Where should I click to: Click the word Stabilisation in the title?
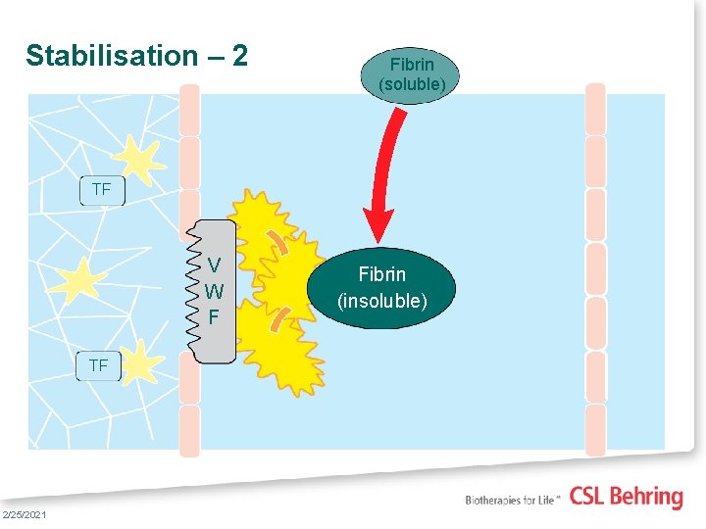coord(111,56)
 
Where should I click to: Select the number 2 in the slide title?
coord(239,56)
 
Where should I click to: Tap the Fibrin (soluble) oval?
coord(412,74)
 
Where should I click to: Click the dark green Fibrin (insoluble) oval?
coord(382,287)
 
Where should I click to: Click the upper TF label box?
coord(101,190)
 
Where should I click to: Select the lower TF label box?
coord(98,365)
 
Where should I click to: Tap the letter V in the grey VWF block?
coord(214,264)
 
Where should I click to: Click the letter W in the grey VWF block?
coord(214,291)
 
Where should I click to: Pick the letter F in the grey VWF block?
coord(214,317)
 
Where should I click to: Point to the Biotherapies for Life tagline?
coord(513,500)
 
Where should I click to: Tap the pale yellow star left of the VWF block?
coord(82,278)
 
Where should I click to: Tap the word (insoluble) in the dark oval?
coord(382,300)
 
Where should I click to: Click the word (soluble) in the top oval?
coord(412,85)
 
